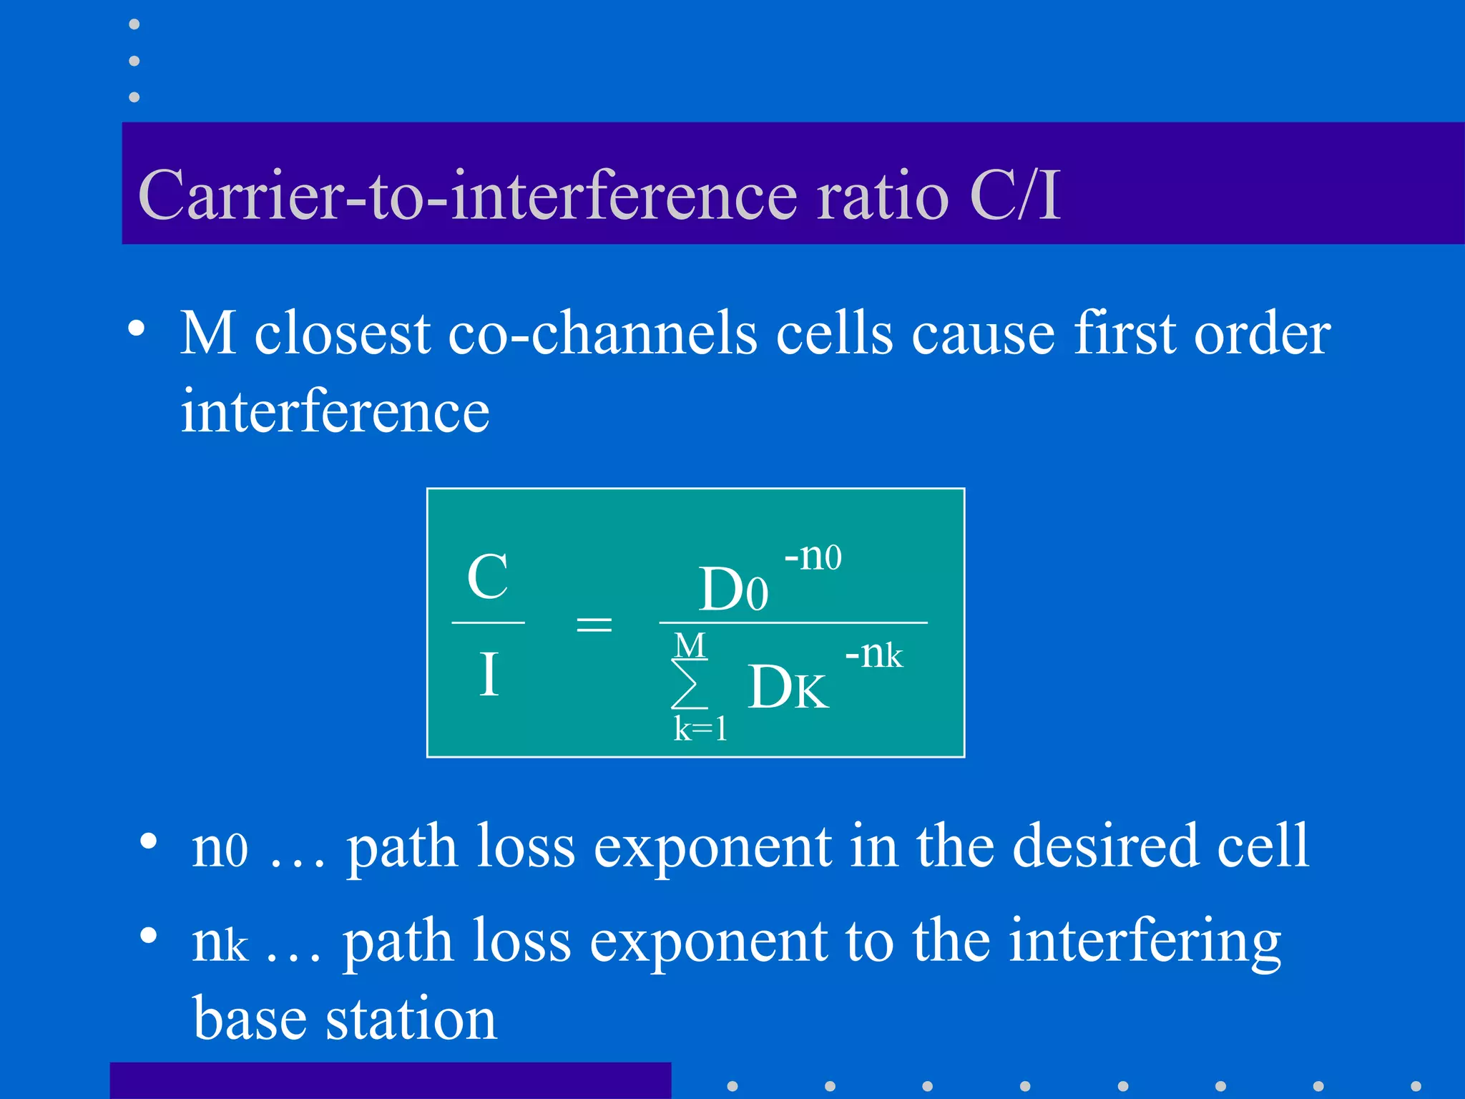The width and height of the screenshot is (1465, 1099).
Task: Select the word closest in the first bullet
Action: click(x=343, y=333)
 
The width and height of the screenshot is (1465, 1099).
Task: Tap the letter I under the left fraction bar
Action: click(x=489, y=674)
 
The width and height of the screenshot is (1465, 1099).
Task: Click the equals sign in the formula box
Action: click(x=594, y=625)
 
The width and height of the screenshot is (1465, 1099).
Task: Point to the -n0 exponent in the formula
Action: click(x=813, y=556)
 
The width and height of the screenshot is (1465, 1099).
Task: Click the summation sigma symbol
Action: click(x=688, y=684)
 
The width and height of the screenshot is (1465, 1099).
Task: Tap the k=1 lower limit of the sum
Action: click(x=700, y=729)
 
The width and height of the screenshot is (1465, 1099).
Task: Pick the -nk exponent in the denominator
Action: click(x=874, y=654)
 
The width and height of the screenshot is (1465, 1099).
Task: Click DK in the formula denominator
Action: click(x=788, y=688)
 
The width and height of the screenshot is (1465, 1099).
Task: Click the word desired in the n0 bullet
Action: click(x=1106, y=846)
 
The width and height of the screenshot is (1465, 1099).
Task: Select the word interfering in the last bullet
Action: click(x=1145, y=942)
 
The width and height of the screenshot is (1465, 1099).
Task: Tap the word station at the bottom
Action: click(x=411, y=1019)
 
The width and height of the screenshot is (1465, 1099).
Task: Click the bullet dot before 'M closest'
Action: click(x=136, y=329)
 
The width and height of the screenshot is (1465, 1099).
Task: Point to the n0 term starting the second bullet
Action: click(x=220, y=849)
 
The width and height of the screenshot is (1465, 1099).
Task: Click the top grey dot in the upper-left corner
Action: click(x=134, y=24)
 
